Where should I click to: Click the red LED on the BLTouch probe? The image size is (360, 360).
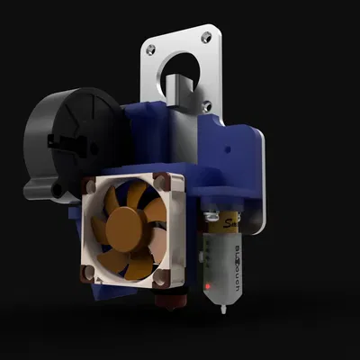point(208,287)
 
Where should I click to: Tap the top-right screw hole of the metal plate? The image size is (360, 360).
point(208,37)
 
